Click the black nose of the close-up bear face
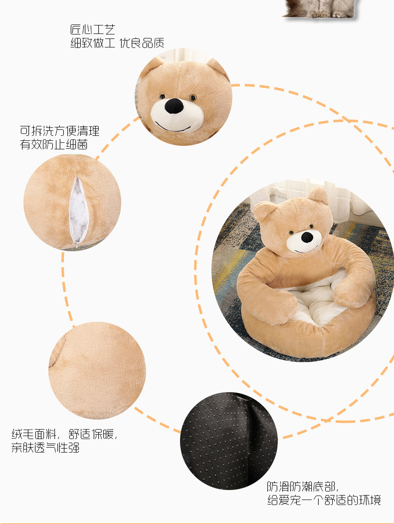[x=174, y=105]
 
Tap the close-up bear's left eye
[x=162, y=96]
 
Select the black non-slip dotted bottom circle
[x=228, y=440]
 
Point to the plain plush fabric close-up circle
[x=97, y=370]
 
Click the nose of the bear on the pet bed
[x=307, y=236]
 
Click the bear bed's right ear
[x=319, y=194]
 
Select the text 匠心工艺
[x=93, y=30]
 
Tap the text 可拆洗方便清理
[x=59, y=131]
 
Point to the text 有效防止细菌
[x=53, y=145]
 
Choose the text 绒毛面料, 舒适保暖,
[x=64, y=433]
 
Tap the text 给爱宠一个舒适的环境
[x=324, y=500]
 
